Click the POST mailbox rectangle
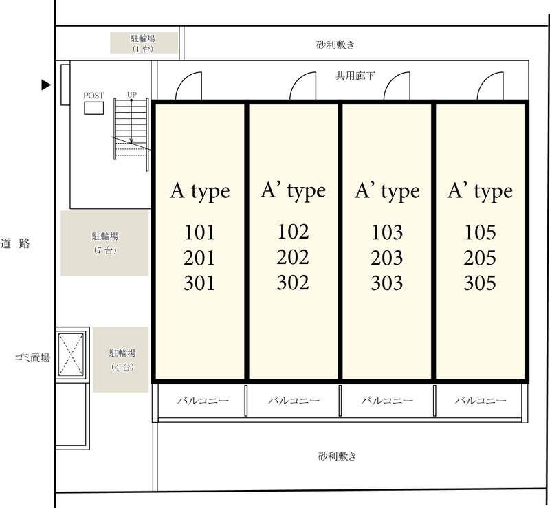coord(94,108)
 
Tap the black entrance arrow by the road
coord(46,85)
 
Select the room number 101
coord(199,232)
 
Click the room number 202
coord(293,257)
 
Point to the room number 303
coord(387,283)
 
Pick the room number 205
coord(480,258)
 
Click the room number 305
coord(480,283)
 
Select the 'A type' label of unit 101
coord(200,192)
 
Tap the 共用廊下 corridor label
coord(355,76)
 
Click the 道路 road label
coord(15,243)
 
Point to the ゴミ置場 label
coord(32,358)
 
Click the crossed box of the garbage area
coord(71,354)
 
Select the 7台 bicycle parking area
coord(105,243)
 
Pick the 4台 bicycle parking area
coord(121,360)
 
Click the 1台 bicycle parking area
coord(144,43)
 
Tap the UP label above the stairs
coord(132,95)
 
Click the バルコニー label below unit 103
coord(387,401)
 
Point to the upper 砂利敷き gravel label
coord(335,45)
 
